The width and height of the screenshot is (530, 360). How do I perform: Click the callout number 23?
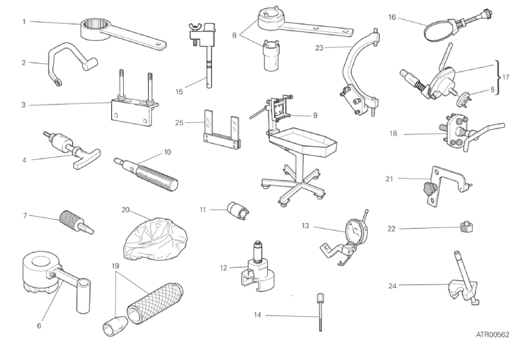(x=319, y=48)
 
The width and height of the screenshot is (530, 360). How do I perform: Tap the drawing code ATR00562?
(x=492, y=335)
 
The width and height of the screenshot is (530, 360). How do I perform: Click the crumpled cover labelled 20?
(x=155, y=238)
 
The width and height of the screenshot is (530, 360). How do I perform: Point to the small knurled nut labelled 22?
(x=467, y=227)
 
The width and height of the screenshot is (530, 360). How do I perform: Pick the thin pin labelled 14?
(x=320, y=312)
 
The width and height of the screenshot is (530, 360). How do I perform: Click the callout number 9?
(x=315, y=115)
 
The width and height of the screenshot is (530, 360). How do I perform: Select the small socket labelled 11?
(x=238, y=211)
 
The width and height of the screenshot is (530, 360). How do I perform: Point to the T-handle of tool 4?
(x=86, y=158)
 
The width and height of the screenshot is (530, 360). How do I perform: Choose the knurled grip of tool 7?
(x=70, y=219)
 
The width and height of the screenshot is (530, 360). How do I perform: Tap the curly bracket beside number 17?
(x=497, y=77)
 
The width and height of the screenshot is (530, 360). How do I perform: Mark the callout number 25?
(x=179, y=123)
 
